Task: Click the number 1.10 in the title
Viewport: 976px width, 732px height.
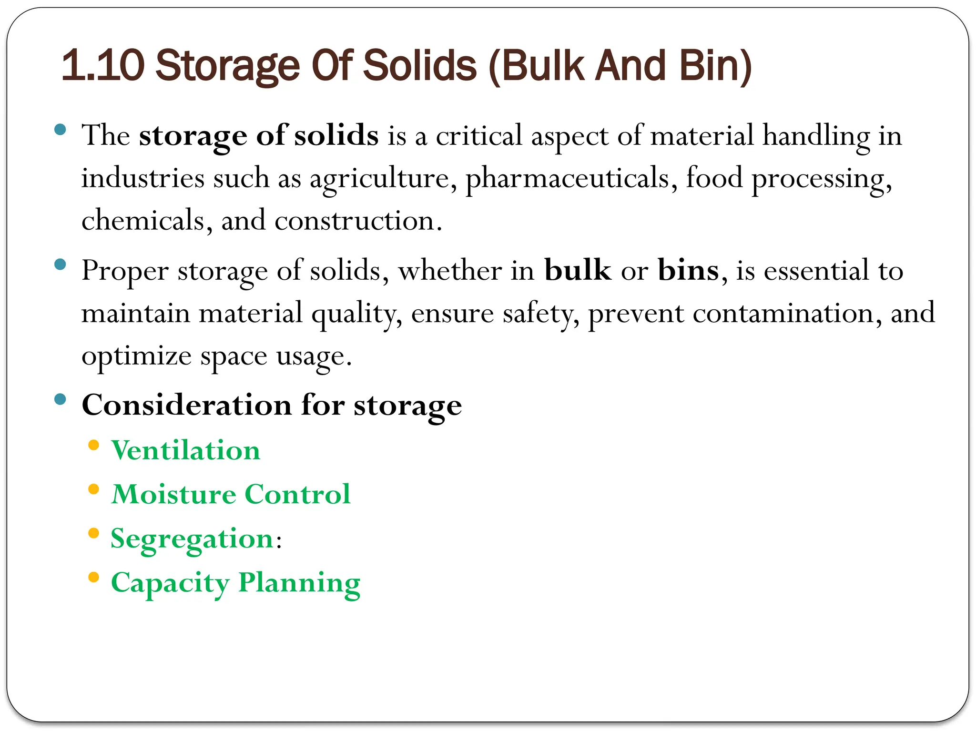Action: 103,66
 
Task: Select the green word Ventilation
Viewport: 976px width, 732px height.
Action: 186,450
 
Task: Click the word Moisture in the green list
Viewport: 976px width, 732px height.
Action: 173,494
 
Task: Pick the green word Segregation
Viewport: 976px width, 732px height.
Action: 192,539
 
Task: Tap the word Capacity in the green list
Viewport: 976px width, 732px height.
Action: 170,583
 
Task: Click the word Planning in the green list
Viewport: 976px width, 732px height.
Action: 299,583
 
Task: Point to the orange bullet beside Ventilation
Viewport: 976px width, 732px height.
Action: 94,446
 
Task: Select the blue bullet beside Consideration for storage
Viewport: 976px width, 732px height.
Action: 60,399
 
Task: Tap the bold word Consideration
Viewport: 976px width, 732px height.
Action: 187,405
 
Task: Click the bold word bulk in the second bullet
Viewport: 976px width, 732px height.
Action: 578,270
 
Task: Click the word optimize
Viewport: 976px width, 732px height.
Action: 136,356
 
